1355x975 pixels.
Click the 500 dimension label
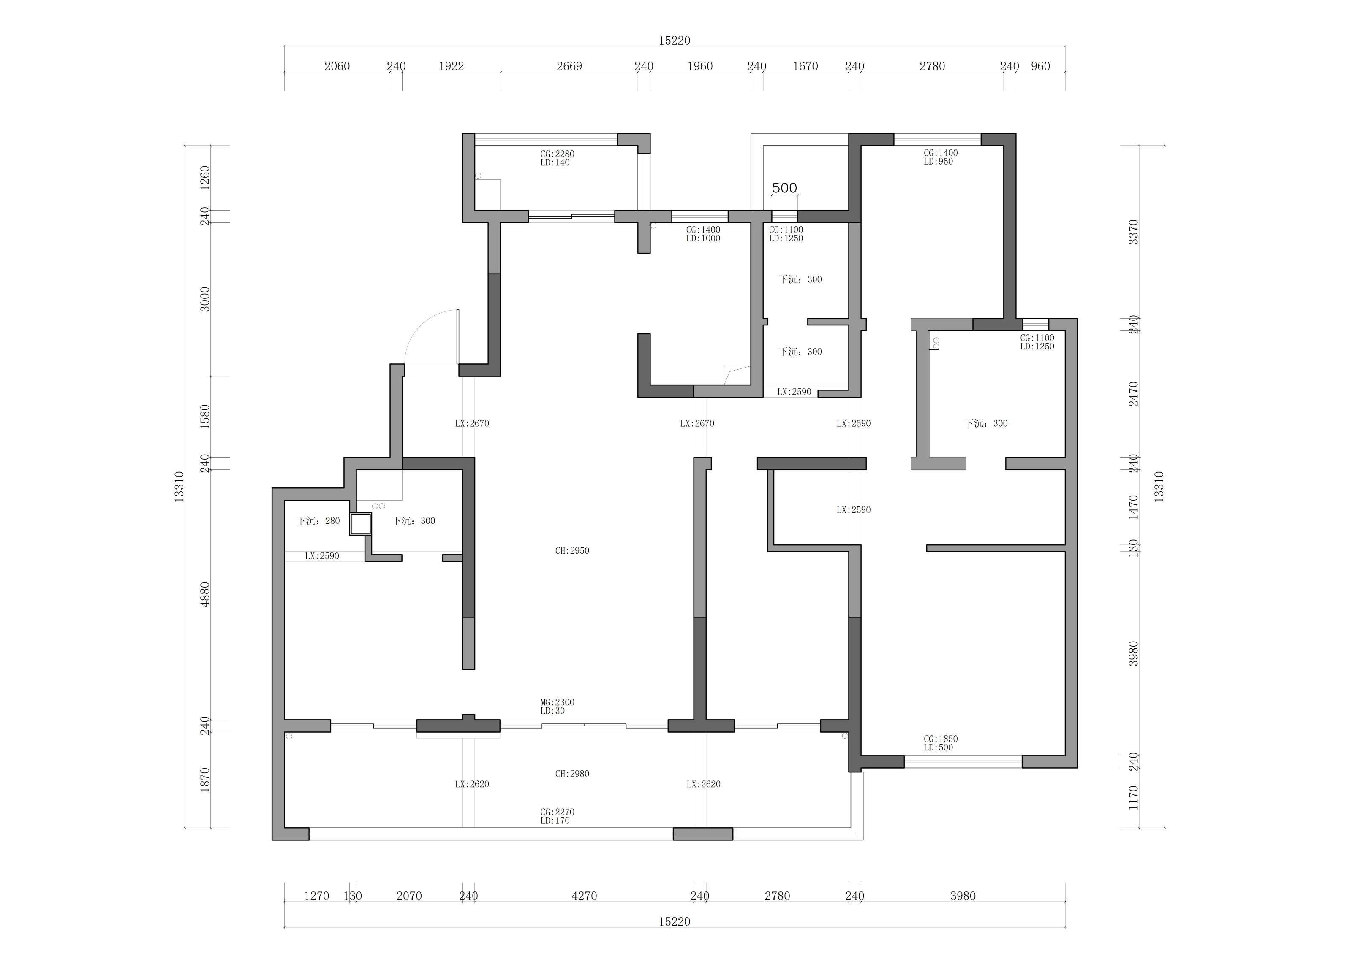[x=784, y=188]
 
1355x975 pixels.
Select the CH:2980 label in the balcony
[x=572, y=774]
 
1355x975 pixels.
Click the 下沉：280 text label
[x=318, y=521]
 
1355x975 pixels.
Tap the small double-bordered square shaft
[x=361, y=524]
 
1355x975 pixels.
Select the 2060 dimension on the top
[x=337, y=66]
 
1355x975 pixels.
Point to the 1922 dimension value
[x=452, y=66]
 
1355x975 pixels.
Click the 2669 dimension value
[x=569, y=66]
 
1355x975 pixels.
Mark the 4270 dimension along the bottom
[x=584, y=896]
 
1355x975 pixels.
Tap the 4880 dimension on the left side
[x=205, y=595]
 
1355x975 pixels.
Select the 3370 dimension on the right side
[x=1133, y=232]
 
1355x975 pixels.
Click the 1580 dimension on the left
[x=205, y=417]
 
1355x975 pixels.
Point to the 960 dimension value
[x=1041, y=66]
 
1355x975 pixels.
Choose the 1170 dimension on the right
[x=1133, y=798]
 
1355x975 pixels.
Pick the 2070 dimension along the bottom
[x=409, y=896]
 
